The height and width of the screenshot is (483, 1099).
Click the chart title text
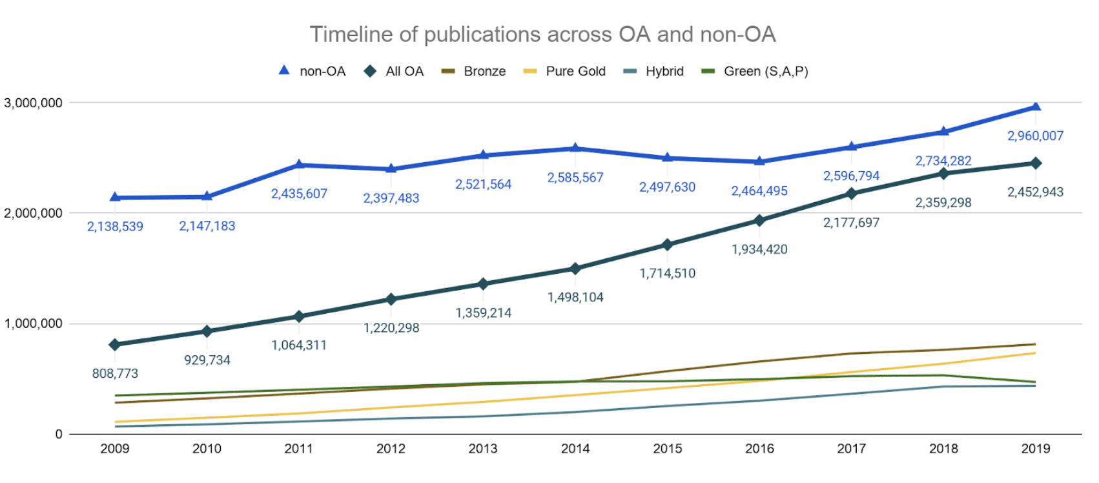542,34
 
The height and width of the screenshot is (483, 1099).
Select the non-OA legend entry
313,71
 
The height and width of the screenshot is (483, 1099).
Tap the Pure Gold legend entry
565,71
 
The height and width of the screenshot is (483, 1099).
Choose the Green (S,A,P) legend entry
755,71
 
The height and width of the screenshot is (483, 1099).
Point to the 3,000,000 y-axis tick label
34,103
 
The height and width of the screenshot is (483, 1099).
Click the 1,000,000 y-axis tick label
34,324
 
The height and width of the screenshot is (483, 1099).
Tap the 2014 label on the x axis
575,449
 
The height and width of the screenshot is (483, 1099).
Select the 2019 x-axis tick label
1035,449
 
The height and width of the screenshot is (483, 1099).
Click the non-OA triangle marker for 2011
299,165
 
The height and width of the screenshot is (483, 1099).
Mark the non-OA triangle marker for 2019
1036,107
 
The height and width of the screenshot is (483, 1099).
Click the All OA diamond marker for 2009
115,345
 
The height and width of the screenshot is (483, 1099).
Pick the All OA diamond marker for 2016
759,221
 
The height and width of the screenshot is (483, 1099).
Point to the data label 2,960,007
1035,136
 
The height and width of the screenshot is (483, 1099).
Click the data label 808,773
115,373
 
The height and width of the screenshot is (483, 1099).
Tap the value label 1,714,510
667,273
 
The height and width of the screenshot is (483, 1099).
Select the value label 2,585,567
575,178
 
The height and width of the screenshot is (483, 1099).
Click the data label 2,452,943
1035,192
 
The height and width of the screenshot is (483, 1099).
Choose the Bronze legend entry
474,71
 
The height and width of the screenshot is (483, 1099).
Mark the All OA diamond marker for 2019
1036,163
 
